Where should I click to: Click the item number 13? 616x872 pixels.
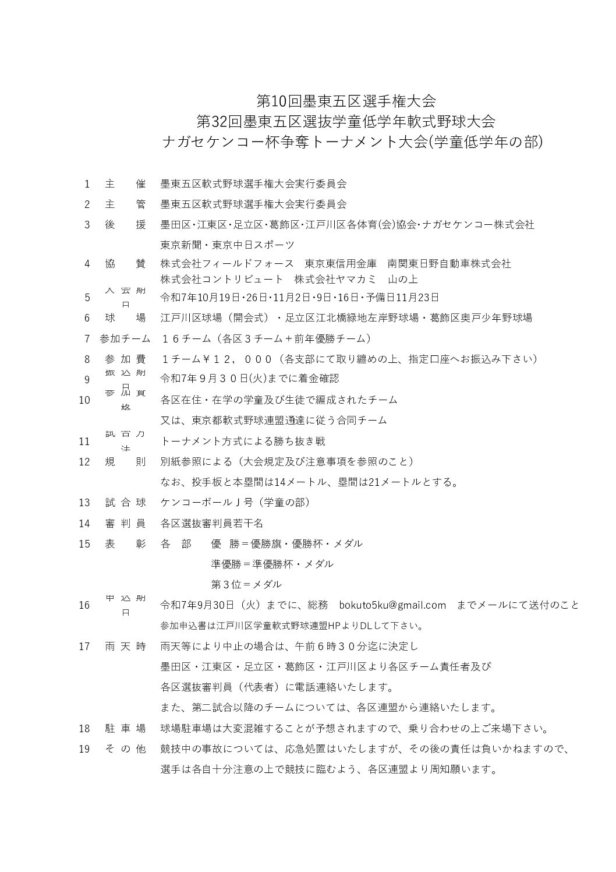coord(84,503)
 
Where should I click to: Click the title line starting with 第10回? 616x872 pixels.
coord(346,101)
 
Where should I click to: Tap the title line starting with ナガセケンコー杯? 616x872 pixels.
coord(353,142)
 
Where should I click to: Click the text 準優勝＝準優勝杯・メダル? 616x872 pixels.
coord(272,564)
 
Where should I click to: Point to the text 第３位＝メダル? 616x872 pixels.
coord(246,584)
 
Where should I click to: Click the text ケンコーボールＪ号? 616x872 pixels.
coord(206,503)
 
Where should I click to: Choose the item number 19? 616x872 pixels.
coord(84,749)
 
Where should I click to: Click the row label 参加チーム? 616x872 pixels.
coord(125,338)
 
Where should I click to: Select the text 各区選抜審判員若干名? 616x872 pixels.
coord(212,523)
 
